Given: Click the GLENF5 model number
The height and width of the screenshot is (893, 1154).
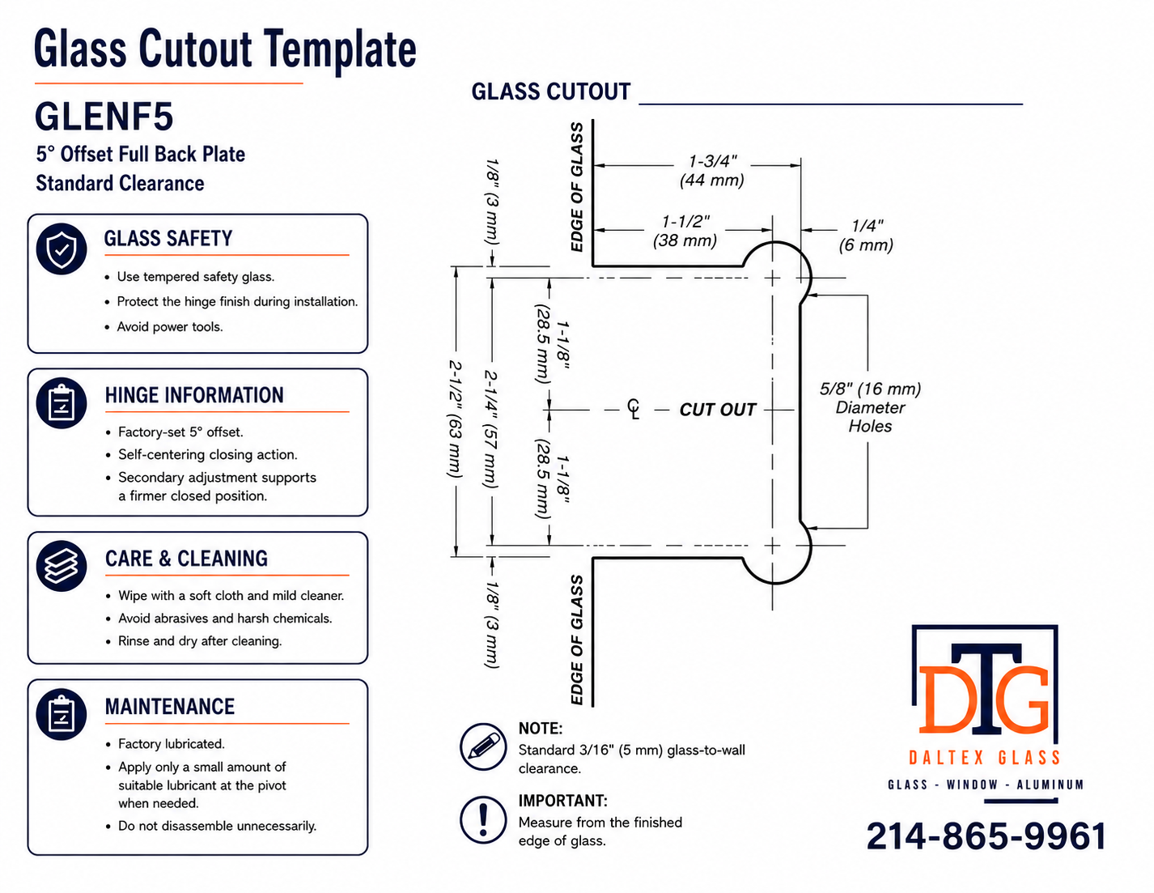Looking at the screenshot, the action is [104, 117].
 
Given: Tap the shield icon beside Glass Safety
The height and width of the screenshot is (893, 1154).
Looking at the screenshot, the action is [62, 249].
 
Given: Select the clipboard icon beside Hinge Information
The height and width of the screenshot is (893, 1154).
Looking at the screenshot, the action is [62, 403].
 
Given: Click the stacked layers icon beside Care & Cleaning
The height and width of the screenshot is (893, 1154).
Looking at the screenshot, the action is [62, 566].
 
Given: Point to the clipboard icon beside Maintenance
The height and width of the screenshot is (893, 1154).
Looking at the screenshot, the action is [62, 715].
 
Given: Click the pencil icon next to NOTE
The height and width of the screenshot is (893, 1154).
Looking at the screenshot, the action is [483, 746].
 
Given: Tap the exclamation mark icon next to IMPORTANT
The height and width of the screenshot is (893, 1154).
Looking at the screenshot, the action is [483, 819].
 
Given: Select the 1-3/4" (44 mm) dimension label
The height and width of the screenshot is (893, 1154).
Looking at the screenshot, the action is [711, 171].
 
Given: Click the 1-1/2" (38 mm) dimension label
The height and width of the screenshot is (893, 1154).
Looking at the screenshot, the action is [685, 231].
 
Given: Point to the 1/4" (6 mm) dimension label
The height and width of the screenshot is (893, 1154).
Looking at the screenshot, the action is [866, 236].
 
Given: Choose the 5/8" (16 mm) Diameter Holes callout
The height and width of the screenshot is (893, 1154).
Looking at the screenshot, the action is [870, 407].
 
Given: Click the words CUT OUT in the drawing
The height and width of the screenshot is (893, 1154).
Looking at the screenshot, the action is [718, 410].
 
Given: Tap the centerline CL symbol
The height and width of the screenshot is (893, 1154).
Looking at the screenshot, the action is [634, 409].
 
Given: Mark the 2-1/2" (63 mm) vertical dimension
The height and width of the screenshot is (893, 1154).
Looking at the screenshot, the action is [456, 419].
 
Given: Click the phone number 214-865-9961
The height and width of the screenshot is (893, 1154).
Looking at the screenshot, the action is [986, 836].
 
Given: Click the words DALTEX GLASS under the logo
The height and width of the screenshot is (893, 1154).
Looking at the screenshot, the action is [985, 758].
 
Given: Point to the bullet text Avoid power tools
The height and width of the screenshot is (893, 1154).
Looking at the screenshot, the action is [170, 327].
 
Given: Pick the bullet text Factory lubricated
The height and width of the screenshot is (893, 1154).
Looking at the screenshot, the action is [172, 744].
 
